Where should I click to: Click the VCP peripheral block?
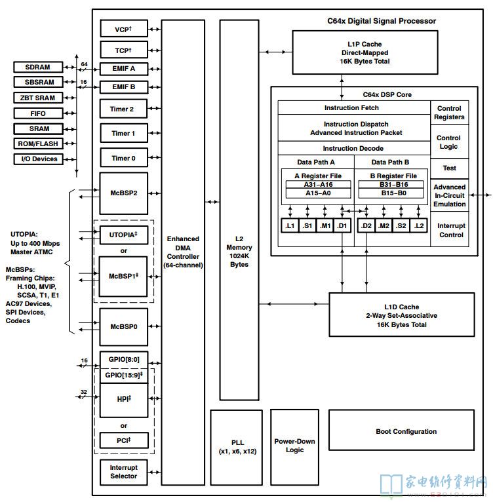(x=124, y=29)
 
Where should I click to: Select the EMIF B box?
(x=124, y=87)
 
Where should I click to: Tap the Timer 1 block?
(x=124, y=133)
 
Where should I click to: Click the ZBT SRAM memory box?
(x=38, y=98)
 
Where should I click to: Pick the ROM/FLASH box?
(x=38, y=144)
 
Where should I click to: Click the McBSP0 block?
(x=124, y=327)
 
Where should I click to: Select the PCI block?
(x=124, y=440)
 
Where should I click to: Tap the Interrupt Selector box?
(x=124, y=473)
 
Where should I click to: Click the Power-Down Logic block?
(x=294, y=447)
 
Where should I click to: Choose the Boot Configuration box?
(x=401, y=430)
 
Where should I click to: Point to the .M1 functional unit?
(x=325, y=225)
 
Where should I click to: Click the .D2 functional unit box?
(x=366, y=225)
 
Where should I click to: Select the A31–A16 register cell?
(x=318, y=184)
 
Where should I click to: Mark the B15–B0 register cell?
(x=393, y=193)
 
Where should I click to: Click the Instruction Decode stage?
(x=354, y=148)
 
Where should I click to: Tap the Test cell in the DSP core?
(x=450, y=168)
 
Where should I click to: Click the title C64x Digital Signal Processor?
(x=382, y=21)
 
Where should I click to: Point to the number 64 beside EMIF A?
(x=85, y=64)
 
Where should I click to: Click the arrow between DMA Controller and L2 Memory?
(x=212, y=202)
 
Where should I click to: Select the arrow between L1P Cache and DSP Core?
(x=342, y=87)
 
